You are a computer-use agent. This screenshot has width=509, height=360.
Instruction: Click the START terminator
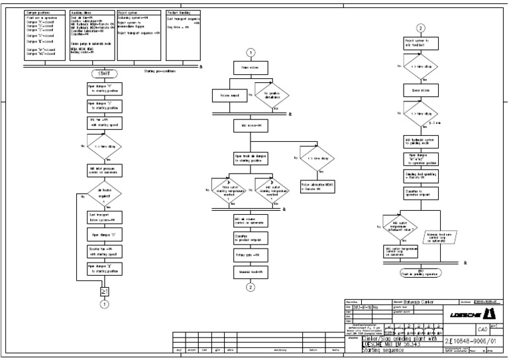point(103,73)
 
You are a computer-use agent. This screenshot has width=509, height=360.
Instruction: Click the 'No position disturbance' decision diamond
point(272,95)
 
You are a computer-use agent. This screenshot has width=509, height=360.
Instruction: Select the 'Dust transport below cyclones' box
point(103,217)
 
